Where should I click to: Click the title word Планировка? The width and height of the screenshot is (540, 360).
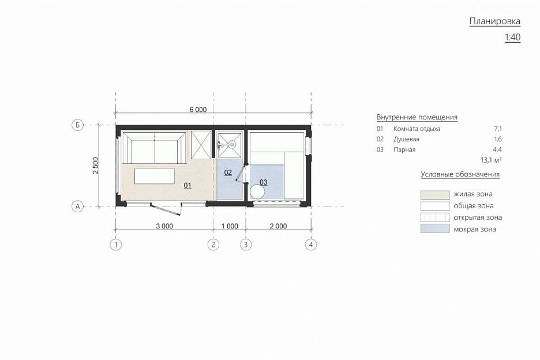[x=495, y=21]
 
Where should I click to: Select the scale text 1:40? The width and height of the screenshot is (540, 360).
[x=512, y=37]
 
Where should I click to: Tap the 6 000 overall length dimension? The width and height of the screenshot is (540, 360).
[x=198, y=110]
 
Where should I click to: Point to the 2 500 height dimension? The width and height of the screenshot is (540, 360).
[x=95, y=166]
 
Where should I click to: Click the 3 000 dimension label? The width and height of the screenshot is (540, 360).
[x=164, y=226]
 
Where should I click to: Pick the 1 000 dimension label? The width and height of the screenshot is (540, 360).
[x=230, y=226]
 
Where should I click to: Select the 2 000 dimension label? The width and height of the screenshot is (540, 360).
[x=278, y=226]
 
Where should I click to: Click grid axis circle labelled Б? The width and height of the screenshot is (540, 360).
[x=77, y=125]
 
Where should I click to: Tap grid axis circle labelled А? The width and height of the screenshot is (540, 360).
[x=77, y=207]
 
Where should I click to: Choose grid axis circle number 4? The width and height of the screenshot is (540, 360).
[x=311, y=245]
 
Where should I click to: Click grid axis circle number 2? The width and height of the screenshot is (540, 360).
[x=213, y=245]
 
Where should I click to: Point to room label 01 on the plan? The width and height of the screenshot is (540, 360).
[x=187, y=186]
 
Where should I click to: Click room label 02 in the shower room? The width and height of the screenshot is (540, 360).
[x=228, y=172]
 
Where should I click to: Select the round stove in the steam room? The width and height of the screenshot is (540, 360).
[x=257, y=192]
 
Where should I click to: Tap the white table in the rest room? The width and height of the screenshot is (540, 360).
[x=155, y=176]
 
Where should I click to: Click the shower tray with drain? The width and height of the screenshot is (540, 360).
[x=229, y=144]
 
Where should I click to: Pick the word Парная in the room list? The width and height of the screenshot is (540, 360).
[x=404, y=150]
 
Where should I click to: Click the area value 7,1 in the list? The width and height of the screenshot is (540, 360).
[x=498, y=129]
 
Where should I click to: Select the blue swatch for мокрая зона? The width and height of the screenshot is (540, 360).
[x=435, y=228]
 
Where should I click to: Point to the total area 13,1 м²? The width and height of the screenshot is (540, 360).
[x=491, y=160]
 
